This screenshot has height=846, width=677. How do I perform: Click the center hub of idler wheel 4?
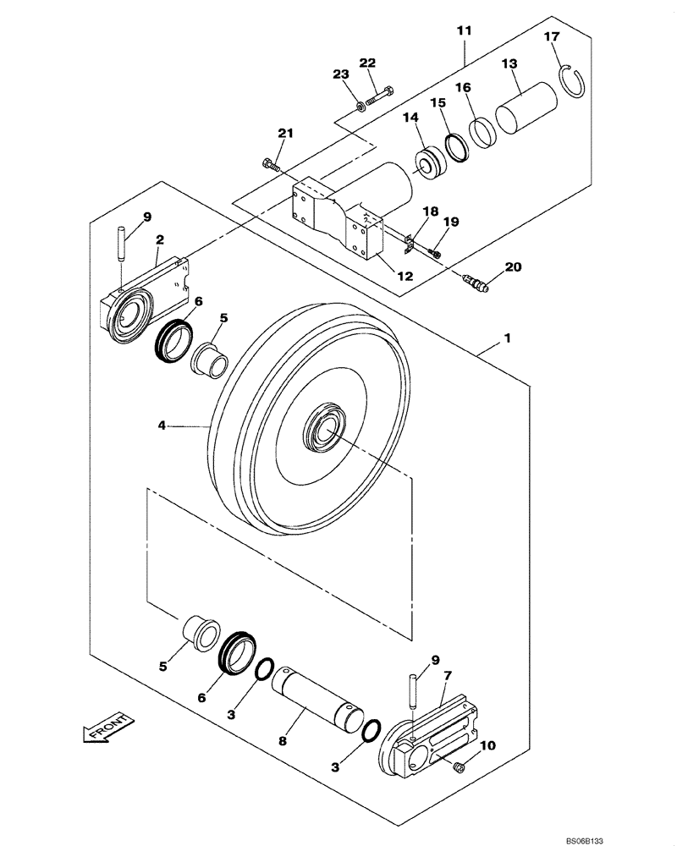click(326, 431)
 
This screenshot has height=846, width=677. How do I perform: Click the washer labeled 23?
click(361, 106)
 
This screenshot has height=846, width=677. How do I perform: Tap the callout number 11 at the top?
click(465, 31)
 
